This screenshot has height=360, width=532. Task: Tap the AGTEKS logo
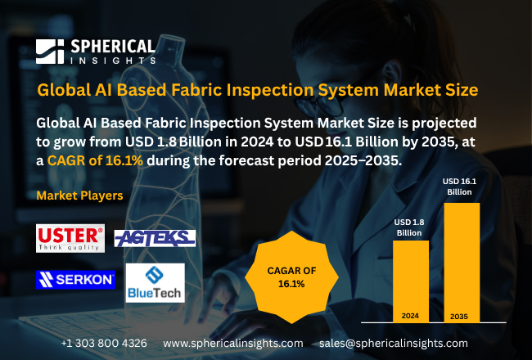tap(154, 238)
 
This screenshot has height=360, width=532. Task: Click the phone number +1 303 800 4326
tap(104, 343)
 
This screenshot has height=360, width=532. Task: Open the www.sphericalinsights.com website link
tap(233, 343)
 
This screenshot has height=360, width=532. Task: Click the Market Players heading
tap(80, 196)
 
